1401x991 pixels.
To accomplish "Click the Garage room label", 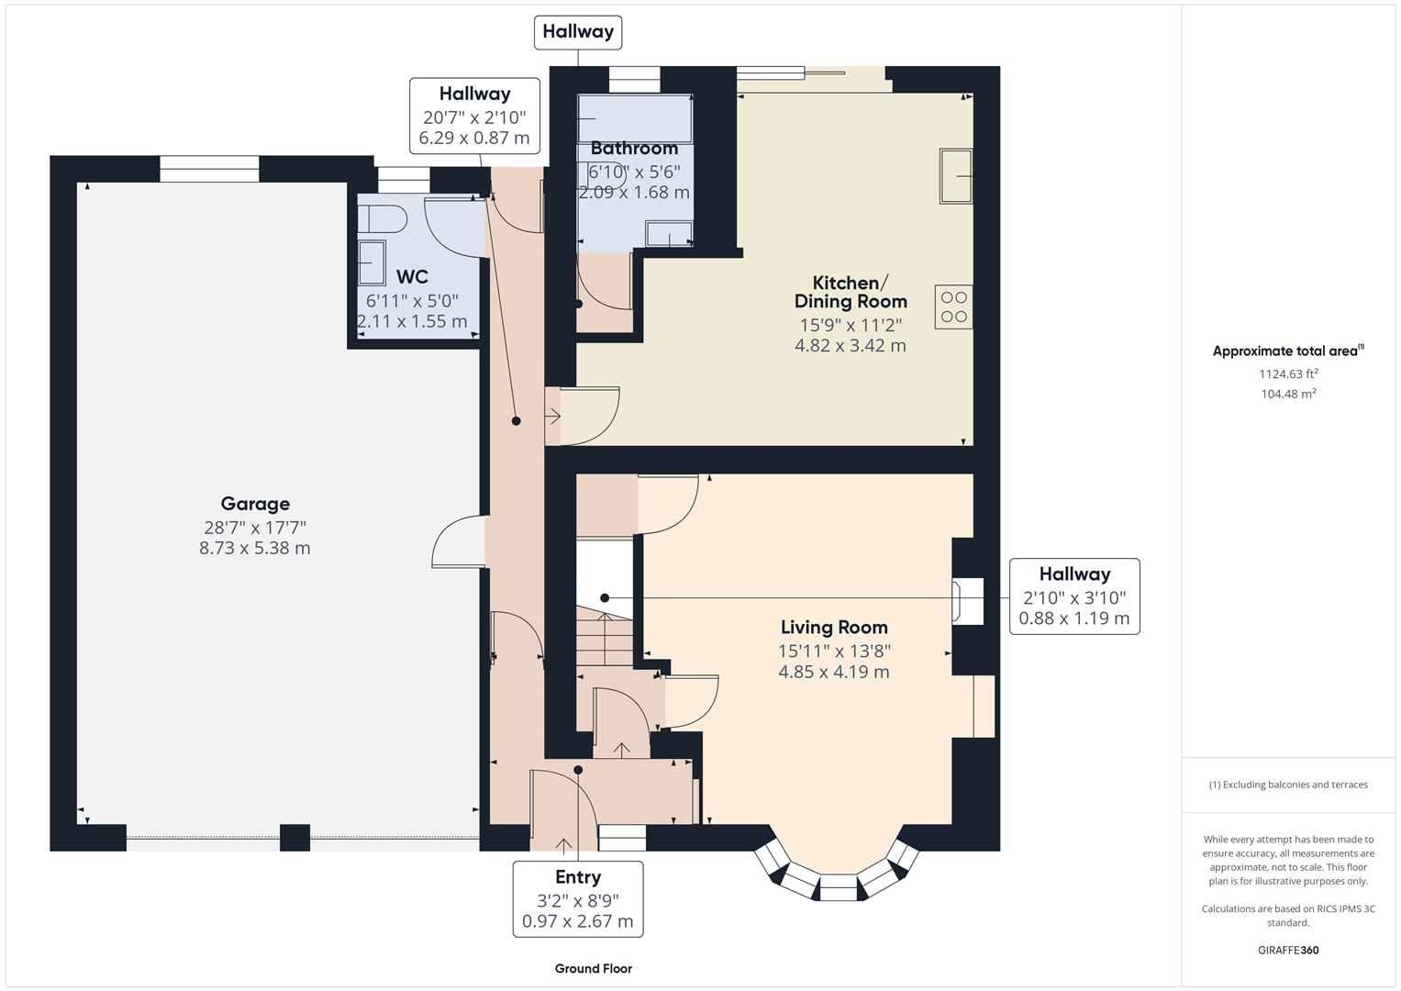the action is [x=255, y=504].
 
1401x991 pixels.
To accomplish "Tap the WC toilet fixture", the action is [x=381, y=218].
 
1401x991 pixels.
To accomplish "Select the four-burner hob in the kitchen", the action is [x=954, y=306].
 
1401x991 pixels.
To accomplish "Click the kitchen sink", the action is [x=956, y=175].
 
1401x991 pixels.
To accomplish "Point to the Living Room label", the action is [x=834, y=628].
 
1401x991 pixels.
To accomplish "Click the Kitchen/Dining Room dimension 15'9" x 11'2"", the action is [x=851, y=325].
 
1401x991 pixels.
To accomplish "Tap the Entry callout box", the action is [x=578, y=898].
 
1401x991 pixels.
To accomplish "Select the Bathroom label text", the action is [x=634, y=149].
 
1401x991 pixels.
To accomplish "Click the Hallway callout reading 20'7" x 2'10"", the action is [x=474, y=117].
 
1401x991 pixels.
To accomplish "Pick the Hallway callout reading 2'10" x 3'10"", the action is [x=1074, y=596].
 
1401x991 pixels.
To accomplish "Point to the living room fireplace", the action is [x=968, y=601].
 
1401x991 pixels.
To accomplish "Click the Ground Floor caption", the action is [x=593, y=968].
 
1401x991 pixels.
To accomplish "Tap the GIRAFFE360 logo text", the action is [x=1287, y=950].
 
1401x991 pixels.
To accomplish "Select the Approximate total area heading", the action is [x=1287, y=351].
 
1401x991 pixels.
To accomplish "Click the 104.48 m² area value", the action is [x=1287, y=394].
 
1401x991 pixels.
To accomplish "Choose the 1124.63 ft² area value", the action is [x=1287, y=373].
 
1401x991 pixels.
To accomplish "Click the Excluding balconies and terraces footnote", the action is [x=1287, y=785].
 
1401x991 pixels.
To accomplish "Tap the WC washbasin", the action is [x=372, y=263].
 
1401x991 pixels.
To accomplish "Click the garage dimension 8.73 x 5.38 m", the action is [x=255, y=548].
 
